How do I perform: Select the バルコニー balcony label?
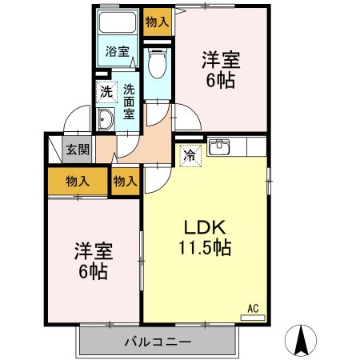click(157, 342)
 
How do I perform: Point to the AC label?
click(253, 307)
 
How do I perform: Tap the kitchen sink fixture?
click(218, 147)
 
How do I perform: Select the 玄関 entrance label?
click(78, 149)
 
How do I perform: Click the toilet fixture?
click(158, 62)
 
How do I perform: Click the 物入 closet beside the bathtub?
click(157, 22)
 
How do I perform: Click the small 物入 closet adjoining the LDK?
click(126, 182)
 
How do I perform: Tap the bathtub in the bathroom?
click(118, 24)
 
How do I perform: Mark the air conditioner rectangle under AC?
click(252, 317)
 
